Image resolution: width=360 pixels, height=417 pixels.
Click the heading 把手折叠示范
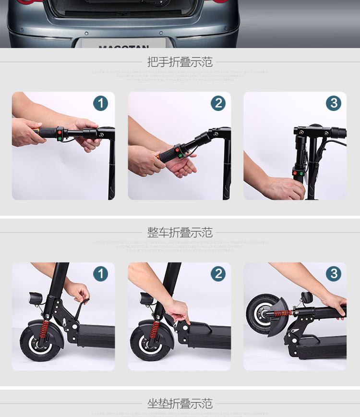[180, 62]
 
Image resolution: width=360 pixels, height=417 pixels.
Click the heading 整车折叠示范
[180, 233]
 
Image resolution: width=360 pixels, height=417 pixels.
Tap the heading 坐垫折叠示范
[180, 403]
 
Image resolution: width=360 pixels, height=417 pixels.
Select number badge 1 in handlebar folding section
[100, 103]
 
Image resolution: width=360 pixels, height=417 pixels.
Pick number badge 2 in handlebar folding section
[218, 103]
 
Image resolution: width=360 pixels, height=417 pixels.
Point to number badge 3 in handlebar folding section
[334, 103]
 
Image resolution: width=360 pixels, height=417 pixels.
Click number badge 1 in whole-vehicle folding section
[100, 274]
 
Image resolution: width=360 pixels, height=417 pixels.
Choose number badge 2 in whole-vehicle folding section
[218, 274]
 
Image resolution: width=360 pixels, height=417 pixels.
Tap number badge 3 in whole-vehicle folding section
[334, 274]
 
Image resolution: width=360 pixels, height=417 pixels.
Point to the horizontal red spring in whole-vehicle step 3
[284, 313]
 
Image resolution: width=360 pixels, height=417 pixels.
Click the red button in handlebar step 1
[59, 132]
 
